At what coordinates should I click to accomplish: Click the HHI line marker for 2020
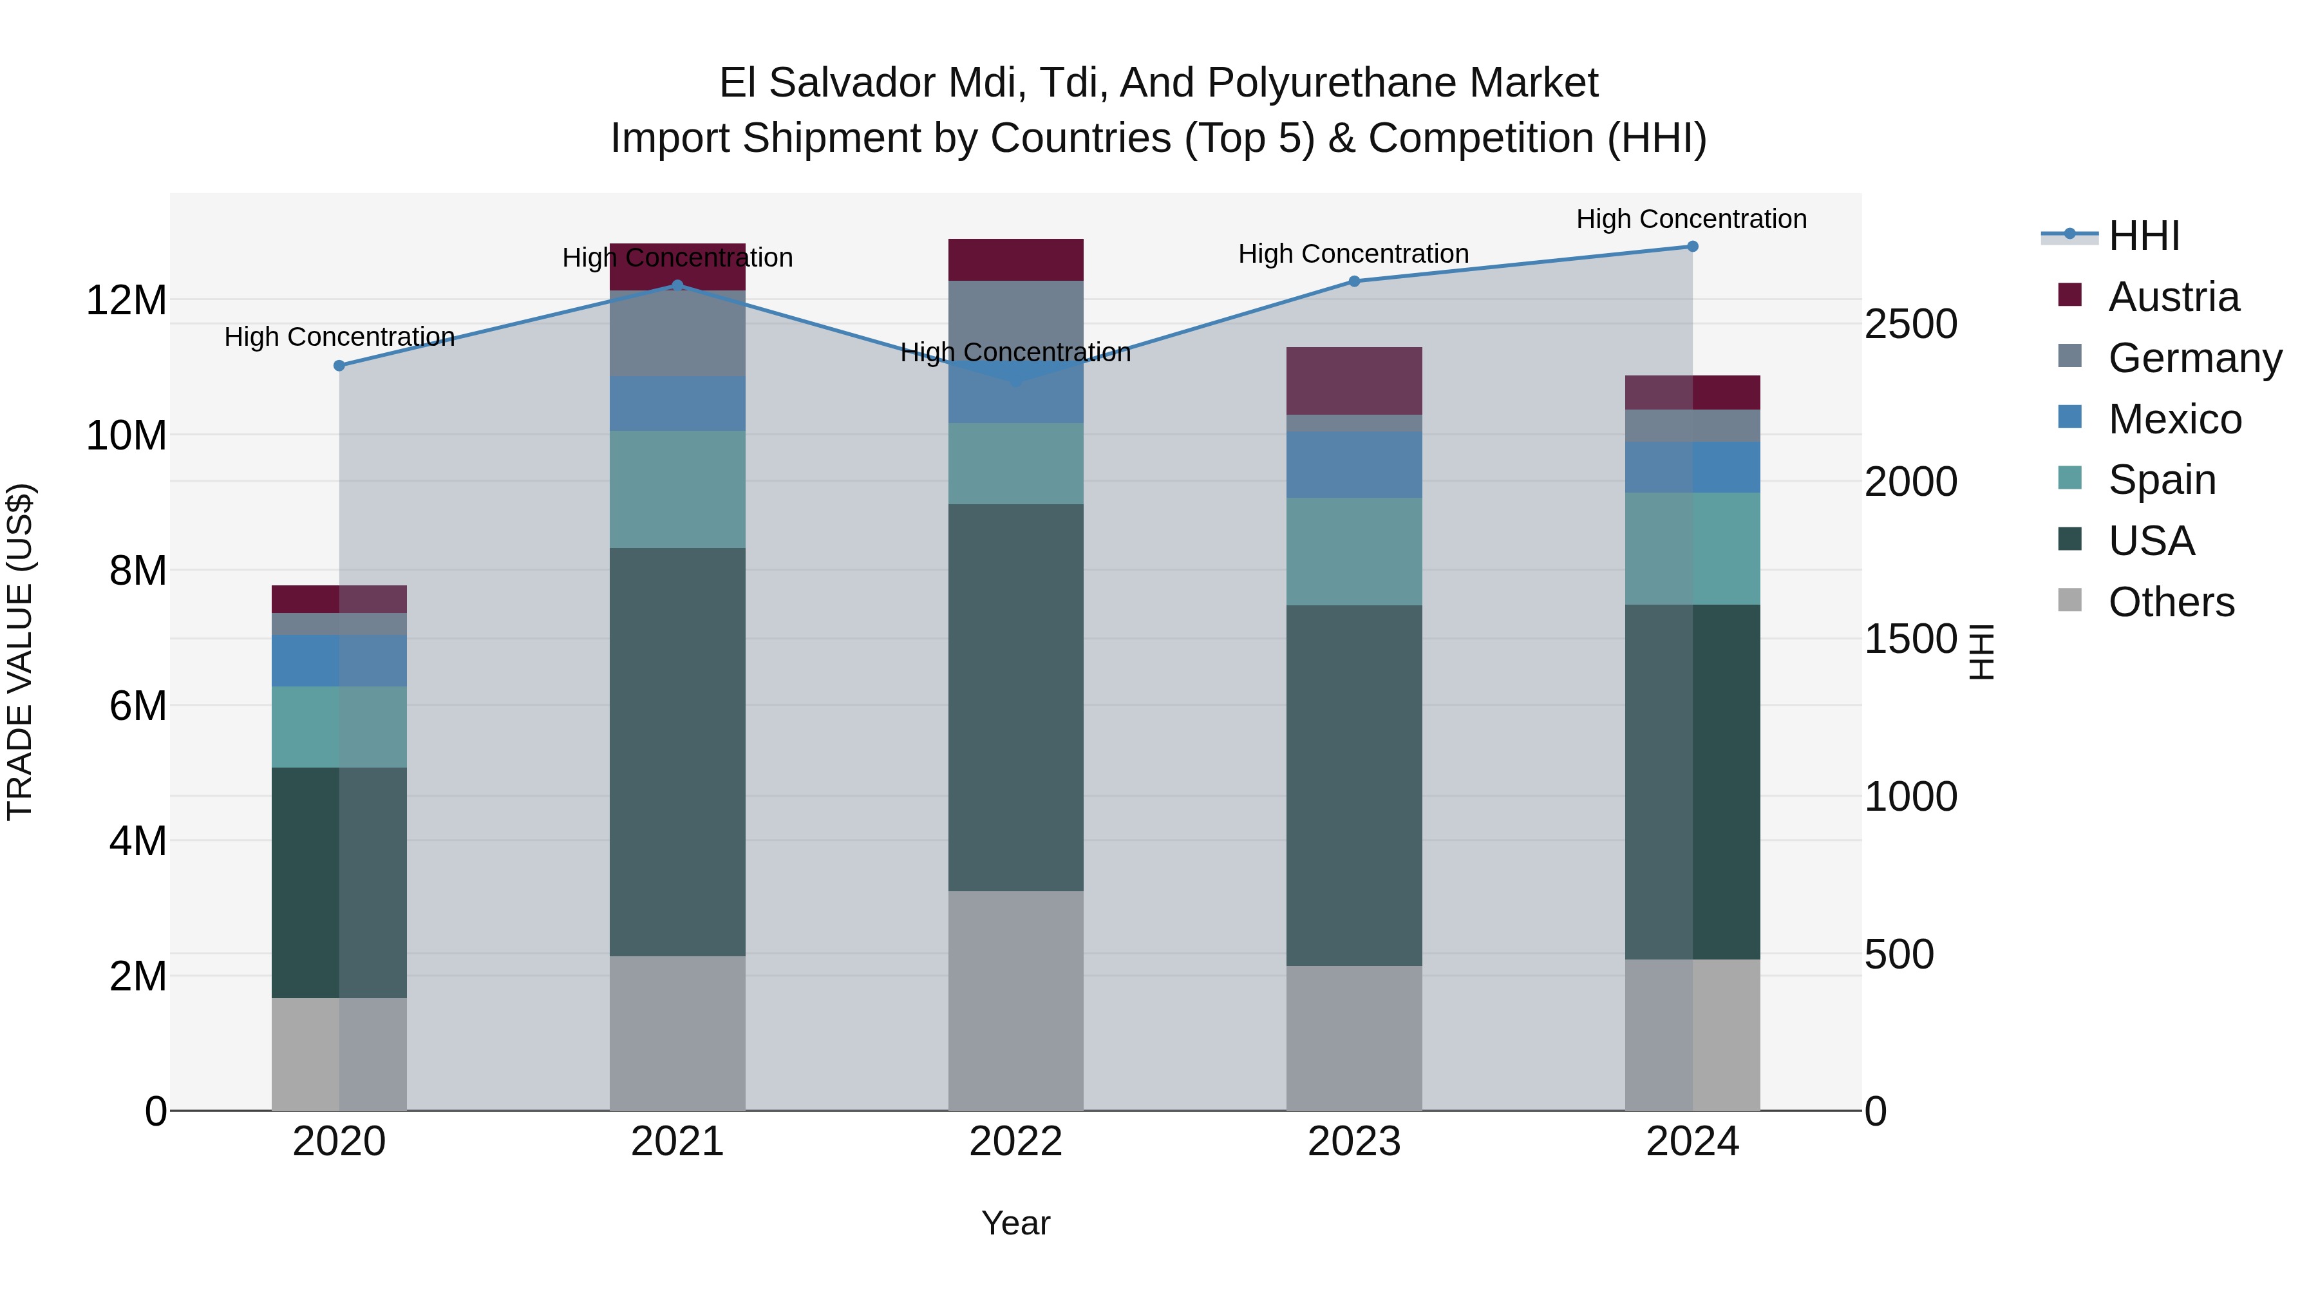[339, 365]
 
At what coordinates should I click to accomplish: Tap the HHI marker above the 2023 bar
[1354, 281]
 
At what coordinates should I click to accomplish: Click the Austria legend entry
[2173, 297]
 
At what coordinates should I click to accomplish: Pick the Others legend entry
[2171, 602]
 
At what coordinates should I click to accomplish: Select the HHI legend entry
[2144, 236]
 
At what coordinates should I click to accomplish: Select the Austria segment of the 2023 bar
[1353, 381]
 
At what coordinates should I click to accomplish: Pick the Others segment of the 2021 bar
[677, 1032]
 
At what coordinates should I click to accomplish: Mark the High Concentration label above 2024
[1691, 219]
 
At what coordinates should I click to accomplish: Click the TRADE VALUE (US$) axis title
[20, 652]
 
